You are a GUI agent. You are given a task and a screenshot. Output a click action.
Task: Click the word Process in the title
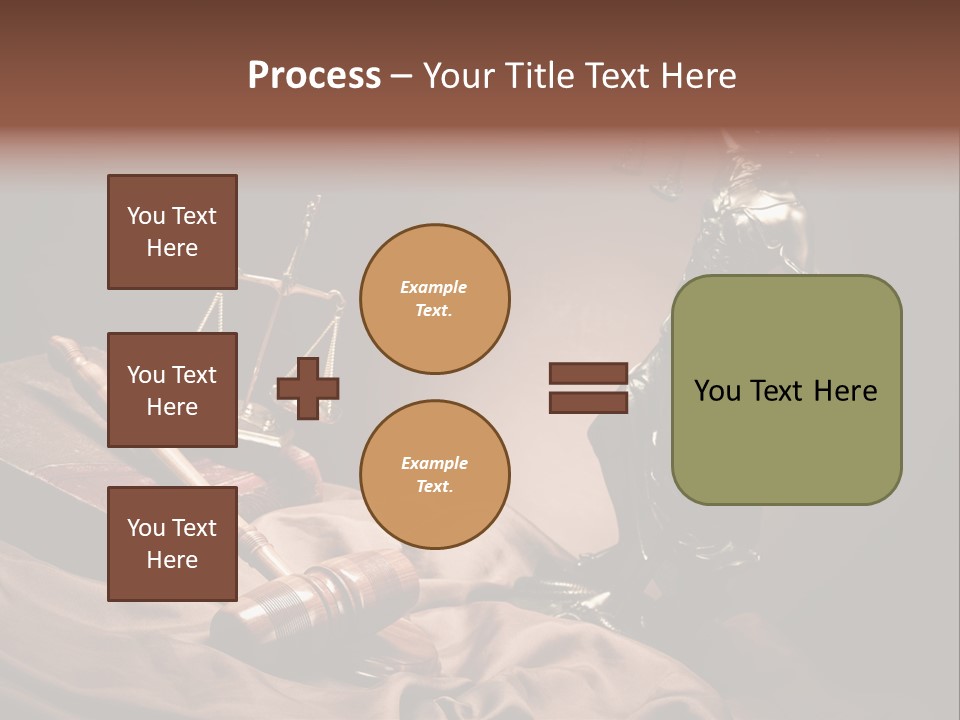pyautogui.click(x=314, y=76)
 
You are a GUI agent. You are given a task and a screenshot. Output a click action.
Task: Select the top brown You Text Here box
pyautogui.click(x=172, y=232)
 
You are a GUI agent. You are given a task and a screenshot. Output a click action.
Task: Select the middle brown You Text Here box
pyautogui.click(x=172, y=390)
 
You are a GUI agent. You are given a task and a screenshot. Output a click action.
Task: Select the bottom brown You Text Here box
pyautogui.click(x=172, y=544)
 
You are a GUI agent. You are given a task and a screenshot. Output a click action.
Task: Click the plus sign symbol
pyautogui.click(x=308, y=389)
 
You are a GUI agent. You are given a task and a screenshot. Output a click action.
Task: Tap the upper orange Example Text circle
pyautogui.click(x=434, y=299)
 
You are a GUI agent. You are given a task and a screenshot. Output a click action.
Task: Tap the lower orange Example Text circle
pyautogui.click(x=434, y=474)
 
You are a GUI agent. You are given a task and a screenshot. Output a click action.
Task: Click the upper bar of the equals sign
pyautogui.click(x=588, y=374)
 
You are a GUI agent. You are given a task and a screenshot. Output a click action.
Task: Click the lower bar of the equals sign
pyautogui.click(x=588, y=403)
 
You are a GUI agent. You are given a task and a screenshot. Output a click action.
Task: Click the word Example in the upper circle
pyautogui.click(x=434, y=287)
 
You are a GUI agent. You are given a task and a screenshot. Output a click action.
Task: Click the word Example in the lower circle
pyautogui.click(x=434, y=463)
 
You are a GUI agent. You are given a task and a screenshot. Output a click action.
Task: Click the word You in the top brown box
pyautogui.click(x=145, y=216)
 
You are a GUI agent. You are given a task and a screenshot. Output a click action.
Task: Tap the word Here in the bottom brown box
pyautogui.click(x=172, y=560)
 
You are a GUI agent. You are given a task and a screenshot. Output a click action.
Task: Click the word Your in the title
pyautogui.click(x=456, y=76)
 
